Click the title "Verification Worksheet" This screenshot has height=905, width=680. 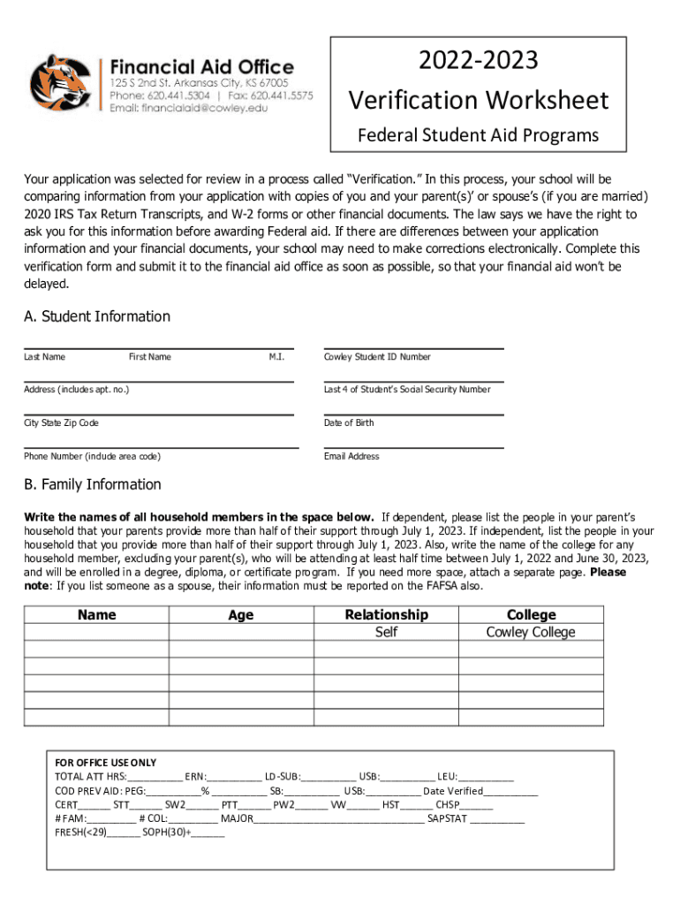478,100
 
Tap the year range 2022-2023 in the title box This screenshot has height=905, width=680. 478,61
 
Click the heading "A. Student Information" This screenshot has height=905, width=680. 97,316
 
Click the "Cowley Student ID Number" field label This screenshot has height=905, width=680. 377,357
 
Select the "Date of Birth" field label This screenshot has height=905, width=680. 349,422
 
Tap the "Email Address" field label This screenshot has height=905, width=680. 351,456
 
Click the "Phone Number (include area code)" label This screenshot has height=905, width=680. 92,456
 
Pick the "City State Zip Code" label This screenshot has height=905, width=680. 61,423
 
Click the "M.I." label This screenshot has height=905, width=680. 276,357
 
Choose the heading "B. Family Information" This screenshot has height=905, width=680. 93,484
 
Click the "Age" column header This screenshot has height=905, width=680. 240,615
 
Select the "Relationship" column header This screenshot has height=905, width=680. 386,614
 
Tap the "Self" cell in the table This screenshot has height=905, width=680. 386,632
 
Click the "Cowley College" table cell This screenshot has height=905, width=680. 530,632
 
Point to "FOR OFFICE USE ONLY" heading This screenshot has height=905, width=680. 105,763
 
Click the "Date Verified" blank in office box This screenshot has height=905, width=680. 510,791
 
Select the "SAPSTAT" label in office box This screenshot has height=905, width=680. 447,818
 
